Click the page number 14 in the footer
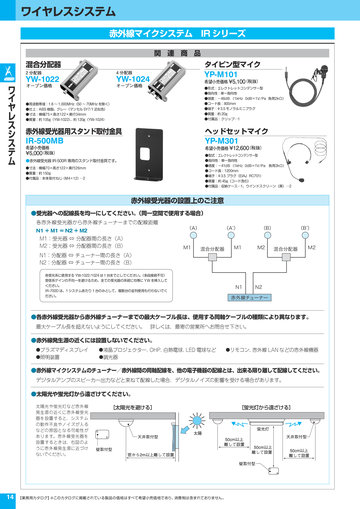pyautogui.click(x=9, y=496)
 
